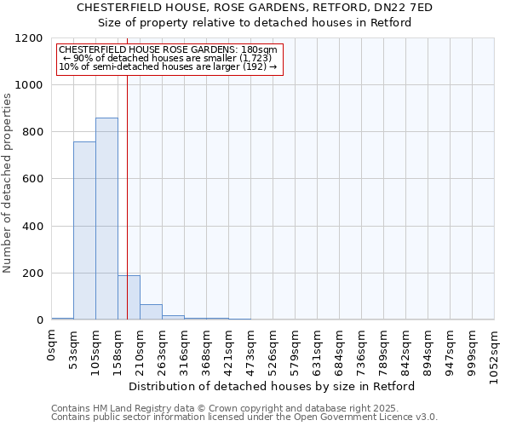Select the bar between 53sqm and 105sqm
click(x=84, y=231)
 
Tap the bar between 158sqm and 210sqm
click(x=129, y=297)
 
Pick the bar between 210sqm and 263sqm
click(x=151, y=312)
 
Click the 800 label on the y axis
click(x=32, y=132)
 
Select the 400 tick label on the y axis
click(x=32, y=227)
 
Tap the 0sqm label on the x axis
click(x=51, y=348)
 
